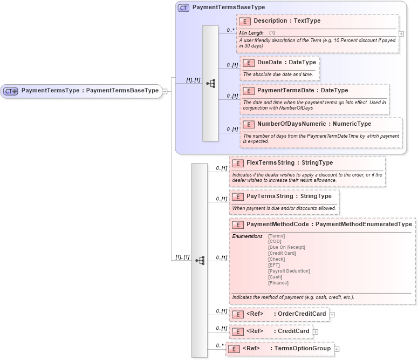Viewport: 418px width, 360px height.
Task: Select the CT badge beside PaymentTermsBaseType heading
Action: pos(183,8)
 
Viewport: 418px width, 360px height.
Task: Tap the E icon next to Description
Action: pos(244,21)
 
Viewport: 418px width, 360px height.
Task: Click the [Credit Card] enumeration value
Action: pos(282,253)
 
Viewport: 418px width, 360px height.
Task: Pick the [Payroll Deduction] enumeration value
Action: pos(289,271)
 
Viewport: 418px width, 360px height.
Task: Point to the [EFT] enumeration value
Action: pos(274,265)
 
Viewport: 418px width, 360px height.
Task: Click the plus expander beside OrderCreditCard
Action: pos(332,315)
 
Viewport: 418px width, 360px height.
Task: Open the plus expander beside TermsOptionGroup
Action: pos(337,349)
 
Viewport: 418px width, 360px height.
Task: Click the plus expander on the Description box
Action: pos(401,33)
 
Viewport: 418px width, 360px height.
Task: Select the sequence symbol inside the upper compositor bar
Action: pos(210,84)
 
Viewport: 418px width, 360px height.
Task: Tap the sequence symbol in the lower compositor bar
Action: pos(200,261)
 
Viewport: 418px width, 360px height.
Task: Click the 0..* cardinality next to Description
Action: pos(230,30)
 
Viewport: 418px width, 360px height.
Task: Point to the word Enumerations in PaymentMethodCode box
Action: pos(247,236)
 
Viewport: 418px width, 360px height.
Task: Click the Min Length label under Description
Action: pos(251,33)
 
